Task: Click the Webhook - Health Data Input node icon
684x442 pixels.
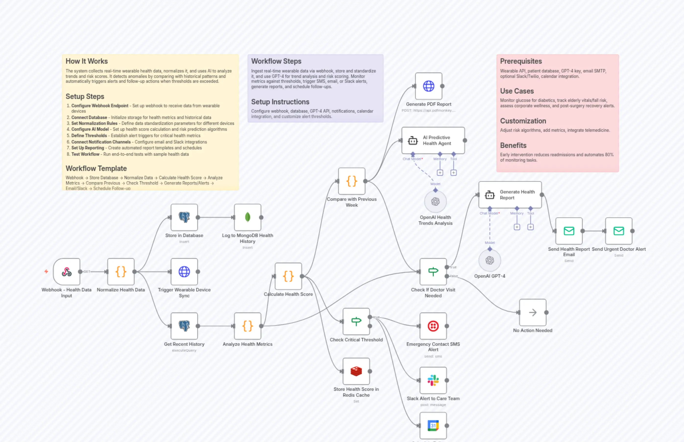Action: (67, 272)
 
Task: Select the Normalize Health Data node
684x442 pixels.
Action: (121, 272)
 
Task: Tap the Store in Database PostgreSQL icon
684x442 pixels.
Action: (184, 217)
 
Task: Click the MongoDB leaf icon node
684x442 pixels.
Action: (248, 217)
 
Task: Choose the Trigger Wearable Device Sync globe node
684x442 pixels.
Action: (184, 272)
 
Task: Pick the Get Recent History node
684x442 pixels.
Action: (184, 326)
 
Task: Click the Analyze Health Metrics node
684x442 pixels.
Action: (248, 326)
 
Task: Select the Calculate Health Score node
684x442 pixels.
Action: (288, 276)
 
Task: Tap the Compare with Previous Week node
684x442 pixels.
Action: (352, 181)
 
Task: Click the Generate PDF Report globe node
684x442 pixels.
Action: (429, 86)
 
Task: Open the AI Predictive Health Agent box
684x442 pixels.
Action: (433, 140)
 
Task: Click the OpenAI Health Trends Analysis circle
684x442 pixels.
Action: (436, 202)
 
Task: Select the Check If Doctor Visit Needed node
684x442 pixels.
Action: (433, 272)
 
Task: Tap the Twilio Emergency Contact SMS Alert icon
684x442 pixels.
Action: (433, 326)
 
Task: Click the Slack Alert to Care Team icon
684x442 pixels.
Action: (433, 380)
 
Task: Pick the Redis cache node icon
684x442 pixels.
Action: (356, 371)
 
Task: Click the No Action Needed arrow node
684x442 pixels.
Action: (533, 312)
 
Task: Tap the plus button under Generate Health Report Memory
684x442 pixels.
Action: (517, 227)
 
